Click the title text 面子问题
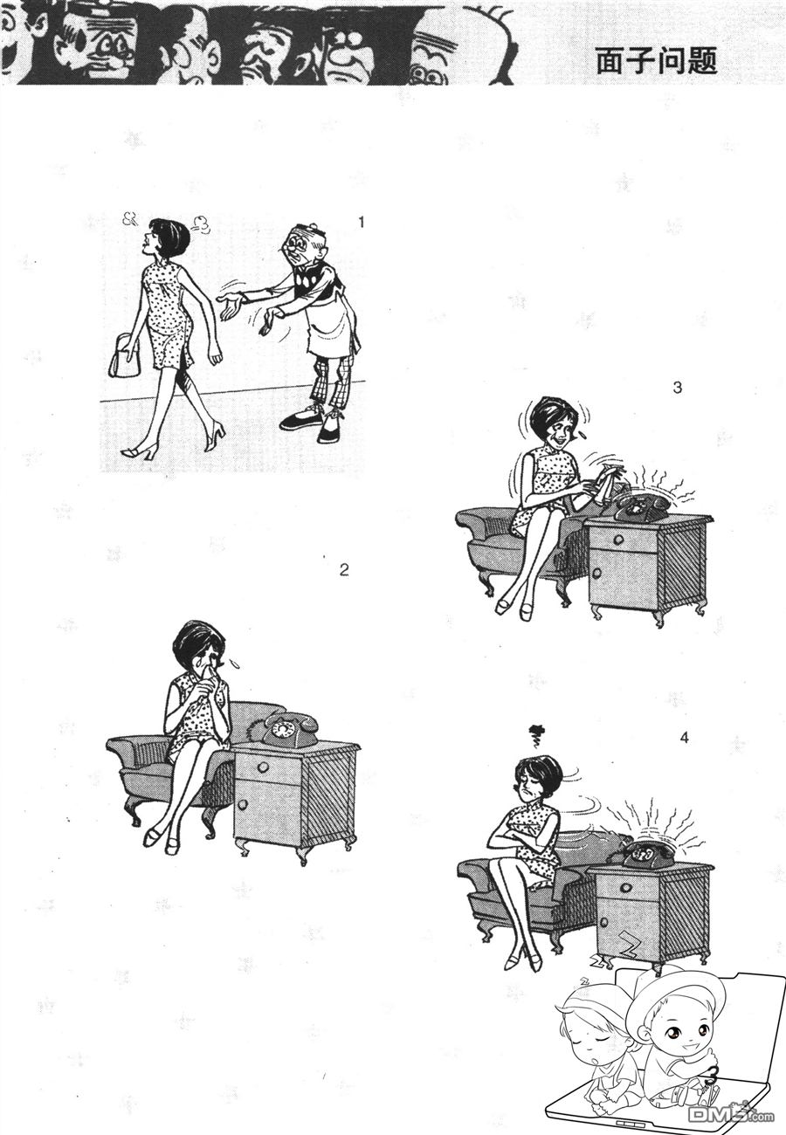(657, 62)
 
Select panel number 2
(344, 570)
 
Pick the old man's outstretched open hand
(231, 306)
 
